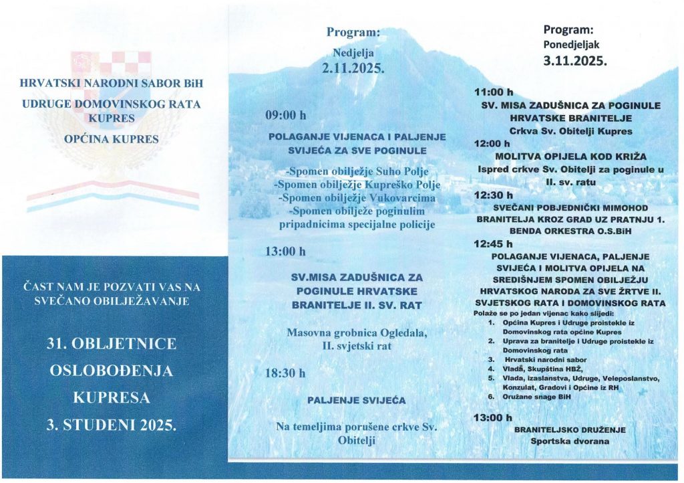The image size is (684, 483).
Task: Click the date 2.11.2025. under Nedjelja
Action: (x=354, y=68)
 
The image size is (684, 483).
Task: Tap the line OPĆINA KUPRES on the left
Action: (x=112, y=139)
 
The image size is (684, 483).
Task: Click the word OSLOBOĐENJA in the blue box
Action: (x=112, y=371)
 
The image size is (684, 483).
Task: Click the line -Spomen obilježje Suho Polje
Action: (x=355, y=173)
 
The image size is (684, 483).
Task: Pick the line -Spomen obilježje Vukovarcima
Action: (x=355, y=199)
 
